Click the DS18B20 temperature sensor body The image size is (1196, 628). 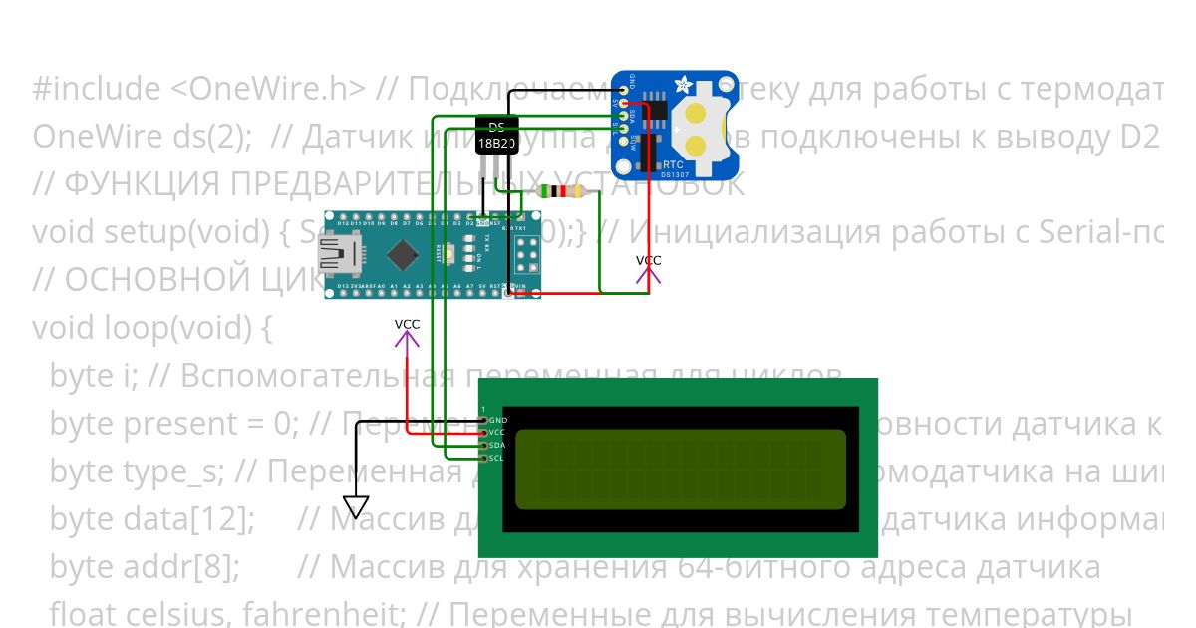click(496, 137)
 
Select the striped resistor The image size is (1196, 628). click(560, 191)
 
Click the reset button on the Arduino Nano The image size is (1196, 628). click(451, 255)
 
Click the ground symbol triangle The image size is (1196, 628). click(356, 507)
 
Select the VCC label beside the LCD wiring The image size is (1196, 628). click(407, 325)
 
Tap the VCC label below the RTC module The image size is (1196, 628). click(648, 261)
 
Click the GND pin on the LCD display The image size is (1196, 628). click(485, 420)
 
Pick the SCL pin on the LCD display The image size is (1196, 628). click(485, 458)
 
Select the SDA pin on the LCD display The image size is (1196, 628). click(485, 445)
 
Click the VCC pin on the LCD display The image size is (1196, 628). click(485, 433)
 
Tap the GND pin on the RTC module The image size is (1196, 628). click(624, 90)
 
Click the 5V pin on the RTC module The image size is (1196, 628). click(624, 103)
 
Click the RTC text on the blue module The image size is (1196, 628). click(673, 164)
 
